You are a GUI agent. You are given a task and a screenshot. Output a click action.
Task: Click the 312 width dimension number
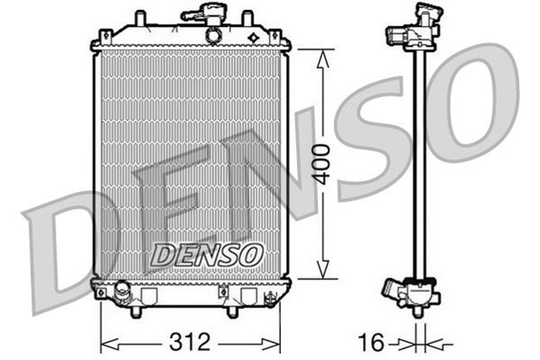[x=189, y=342]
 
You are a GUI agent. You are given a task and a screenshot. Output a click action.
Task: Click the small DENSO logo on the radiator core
[x=207, y=252]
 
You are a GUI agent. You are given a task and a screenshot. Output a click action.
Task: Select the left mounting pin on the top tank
[x=141, y=18]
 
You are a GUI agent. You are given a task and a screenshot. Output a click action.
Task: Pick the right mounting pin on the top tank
[x=247, y=18]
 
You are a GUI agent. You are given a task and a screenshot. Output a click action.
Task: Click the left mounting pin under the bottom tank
[x=135, y=312]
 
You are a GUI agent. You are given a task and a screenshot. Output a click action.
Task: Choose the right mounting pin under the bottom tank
[x=232, y=312]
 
